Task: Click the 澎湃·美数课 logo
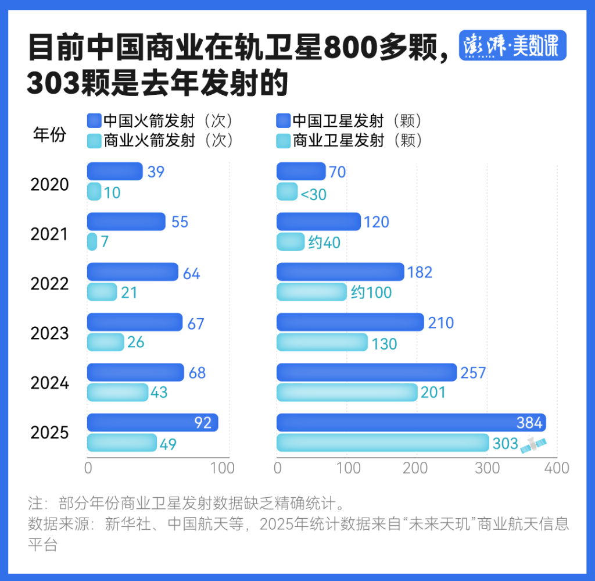(512, 46)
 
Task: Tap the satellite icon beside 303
(533, 444)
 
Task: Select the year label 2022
(49, 284)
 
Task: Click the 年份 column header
(49, 135)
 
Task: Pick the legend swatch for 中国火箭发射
(94, 121)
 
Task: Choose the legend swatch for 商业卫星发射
(283, 141)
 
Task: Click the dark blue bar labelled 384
(410, 423)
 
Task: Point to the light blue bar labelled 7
(92, 241)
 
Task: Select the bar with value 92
(152, 423)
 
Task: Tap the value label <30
(313, 195)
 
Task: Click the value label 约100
(371, 293)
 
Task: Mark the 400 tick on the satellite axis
(557, 468)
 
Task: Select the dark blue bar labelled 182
(340, 272)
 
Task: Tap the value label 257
(473, 373)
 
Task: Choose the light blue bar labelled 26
(105, 342)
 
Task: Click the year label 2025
(49, 433)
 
